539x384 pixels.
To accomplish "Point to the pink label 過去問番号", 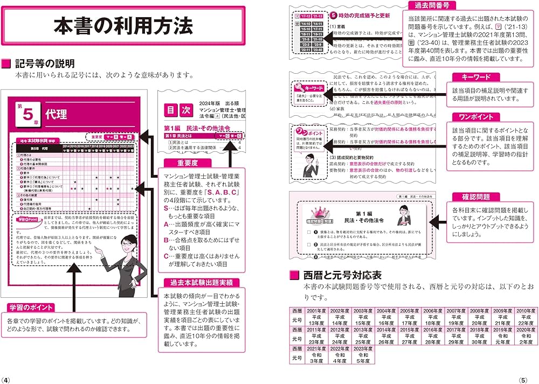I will pos(432,6).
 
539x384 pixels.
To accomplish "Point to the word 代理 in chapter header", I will pos(57,114).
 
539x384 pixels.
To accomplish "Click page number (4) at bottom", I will pos(6,379).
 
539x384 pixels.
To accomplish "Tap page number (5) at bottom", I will pos(532,379).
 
